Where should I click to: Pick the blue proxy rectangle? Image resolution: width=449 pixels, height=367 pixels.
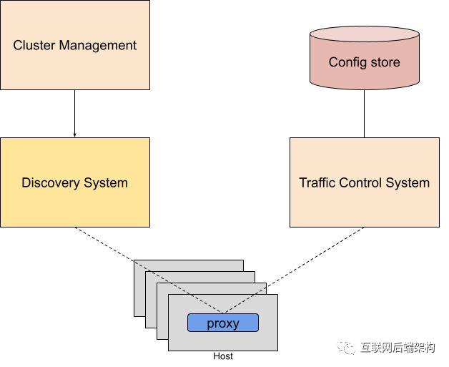point(222,323)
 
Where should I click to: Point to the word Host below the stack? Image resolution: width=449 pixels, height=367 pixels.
point(223,356)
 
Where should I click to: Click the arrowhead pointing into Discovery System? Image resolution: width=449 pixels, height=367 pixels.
point(74,134)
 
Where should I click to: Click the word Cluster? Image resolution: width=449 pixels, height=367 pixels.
point(32,45)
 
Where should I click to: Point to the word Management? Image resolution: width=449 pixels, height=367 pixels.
point(97,45)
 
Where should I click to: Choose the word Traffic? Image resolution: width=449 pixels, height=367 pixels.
point(316,182)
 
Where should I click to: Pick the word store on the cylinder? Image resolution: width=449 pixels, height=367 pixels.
point(385,62)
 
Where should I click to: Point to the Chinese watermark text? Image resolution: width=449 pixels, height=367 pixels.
point(398,348)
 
